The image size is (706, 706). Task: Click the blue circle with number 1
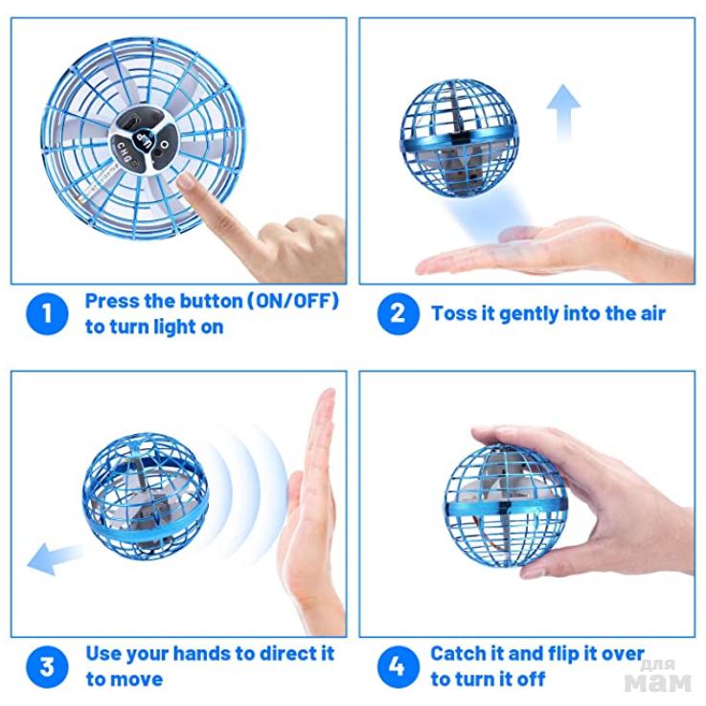coord(47,313)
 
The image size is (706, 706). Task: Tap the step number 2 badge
coord(399,313)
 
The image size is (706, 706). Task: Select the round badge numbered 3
coord(47,667)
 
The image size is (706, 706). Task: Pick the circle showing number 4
coord(399,667)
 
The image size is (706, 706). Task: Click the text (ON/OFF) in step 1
coord(293,301)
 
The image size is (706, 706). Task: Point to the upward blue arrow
coord(563,113)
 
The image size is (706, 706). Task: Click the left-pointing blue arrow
coord(54,558)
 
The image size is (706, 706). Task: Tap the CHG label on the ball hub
coord(125,152)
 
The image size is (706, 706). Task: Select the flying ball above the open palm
coord(459,138)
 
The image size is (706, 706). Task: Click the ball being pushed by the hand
coord(145,497)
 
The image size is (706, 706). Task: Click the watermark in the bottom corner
coord(658,676)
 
